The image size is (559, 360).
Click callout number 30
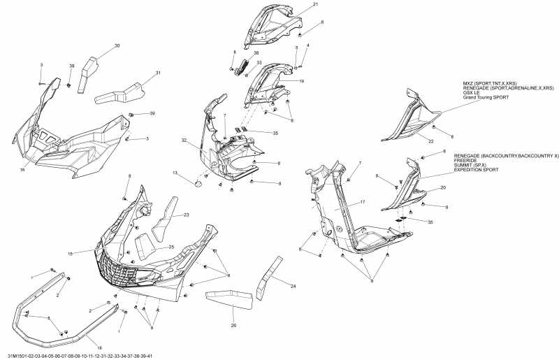coord(117,45)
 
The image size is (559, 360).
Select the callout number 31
coord(158,73)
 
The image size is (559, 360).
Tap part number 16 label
coord(22,170)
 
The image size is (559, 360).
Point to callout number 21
coord(315,5)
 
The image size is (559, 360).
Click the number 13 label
coord(175,173)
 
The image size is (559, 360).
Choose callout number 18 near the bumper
coord(99,347)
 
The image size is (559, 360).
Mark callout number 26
coord(233,325)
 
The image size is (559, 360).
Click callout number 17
coord(363,203)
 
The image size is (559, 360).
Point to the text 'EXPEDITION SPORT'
coord(478,171)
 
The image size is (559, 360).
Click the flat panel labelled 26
coord(231,298)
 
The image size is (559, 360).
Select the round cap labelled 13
coord(198,183)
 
